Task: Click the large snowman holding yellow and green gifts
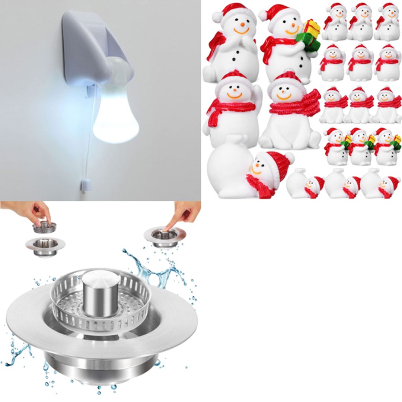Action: click(x=288, y=45)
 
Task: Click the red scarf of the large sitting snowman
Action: click(x=294, y=102)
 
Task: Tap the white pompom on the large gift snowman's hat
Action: click(x=263, y=15)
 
